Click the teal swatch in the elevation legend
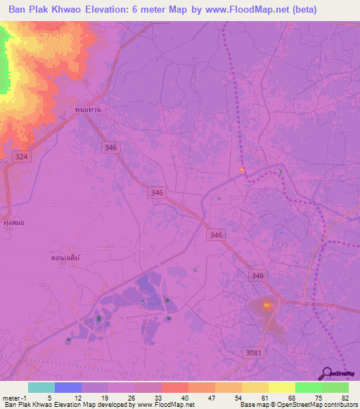coord(41,387)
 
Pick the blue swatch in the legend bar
coord(67,387)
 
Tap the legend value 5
coord(49,397)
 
